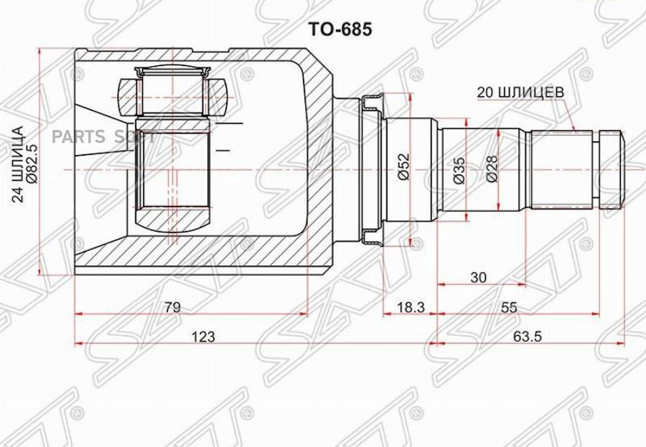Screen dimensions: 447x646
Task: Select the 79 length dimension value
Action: pos(172,307)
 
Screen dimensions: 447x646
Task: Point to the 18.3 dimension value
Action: pos(411,307)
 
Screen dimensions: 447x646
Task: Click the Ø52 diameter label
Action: pos(403,168)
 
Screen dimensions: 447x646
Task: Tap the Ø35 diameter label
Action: pos(459,171)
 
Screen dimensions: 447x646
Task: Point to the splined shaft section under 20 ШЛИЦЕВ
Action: pos(563,168)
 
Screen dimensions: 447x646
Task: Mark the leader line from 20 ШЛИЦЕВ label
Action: pos(571,115)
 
